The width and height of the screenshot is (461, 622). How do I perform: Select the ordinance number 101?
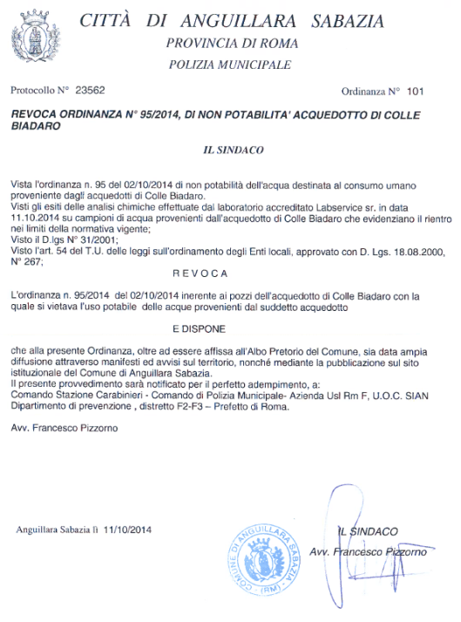[414, 90]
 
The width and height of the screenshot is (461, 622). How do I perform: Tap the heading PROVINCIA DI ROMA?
[232, 43]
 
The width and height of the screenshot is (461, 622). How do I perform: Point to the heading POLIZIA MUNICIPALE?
[231, 64]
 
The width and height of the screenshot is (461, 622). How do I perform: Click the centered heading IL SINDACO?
[232, 150]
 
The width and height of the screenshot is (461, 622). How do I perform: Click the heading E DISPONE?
[232, 330]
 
